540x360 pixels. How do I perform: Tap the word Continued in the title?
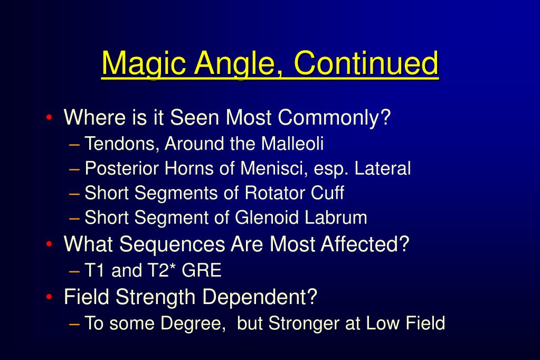(366, 63)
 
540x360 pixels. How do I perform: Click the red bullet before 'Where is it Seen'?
(49, 117)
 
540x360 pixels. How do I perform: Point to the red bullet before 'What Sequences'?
(49, 244)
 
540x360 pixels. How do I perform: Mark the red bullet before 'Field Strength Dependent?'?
(49, 297)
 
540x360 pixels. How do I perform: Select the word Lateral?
(383, 168)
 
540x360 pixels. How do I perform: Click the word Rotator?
(274, 193)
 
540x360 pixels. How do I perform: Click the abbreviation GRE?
(202, 271)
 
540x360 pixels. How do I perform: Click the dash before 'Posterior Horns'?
(74, 169)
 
